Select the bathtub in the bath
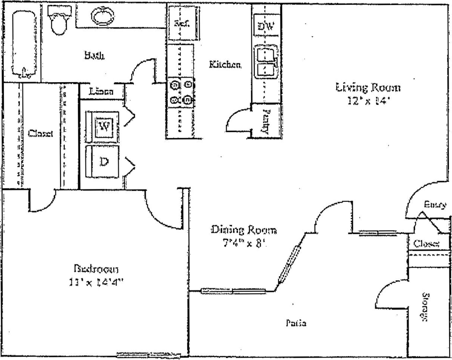pos(24,43)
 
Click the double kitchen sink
pos(267,62)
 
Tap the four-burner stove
pos(181,92)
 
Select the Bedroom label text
pos(96,269)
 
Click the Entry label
pos(435,205)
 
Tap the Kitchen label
pos(225,65)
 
